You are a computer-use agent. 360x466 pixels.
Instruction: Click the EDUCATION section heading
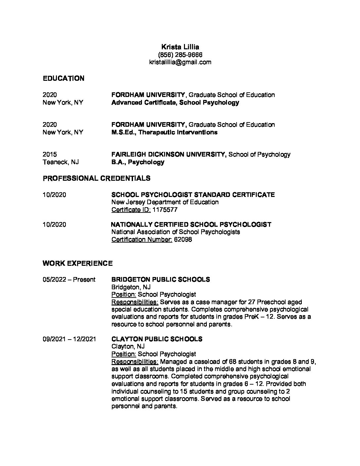click(x=64, y=78)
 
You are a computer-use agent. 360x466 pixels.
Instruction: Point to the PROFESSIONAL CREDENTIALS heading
click(x=96, y=178)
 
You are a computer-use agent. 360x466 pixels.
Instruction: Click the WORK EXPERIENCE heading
click(x=77, y=263)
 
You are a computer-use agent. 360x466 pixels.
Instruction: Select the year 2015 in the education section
click(x=50, y=155)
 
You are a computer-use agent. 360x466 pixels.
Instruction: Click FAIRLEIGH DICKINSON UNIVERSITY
click(x=169, y=155)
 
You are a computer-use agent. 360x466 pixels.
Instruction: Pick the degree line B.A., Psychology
click(x=138, y=162)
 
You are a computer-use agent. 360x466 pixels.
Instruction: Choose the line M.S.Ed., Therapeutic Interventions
click(x=164, y=132)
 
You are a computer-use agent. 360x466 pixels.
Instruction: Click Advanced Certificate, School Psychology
click(x=175, y=103)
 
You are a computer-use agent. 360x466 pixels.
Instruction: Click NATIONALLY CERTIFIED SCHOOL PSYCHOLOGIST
click(x=191, y=225)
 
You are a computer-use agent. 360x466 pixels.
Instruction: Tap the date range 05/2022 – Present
click(x=69, y=280)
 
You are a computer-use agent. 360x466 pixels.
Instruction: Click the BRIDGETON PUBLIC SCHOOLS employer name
click(x=160, y=280)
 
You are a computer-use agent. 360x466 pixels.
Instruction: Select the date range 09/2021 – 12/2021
click(x=69, y=339)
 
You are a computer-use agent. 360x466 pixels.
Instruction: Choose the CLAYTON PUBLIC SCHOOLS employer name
click(x=157, y=339)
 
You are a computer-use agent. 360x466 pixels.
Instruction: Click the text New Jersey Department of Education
click(x=165, y=202)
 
